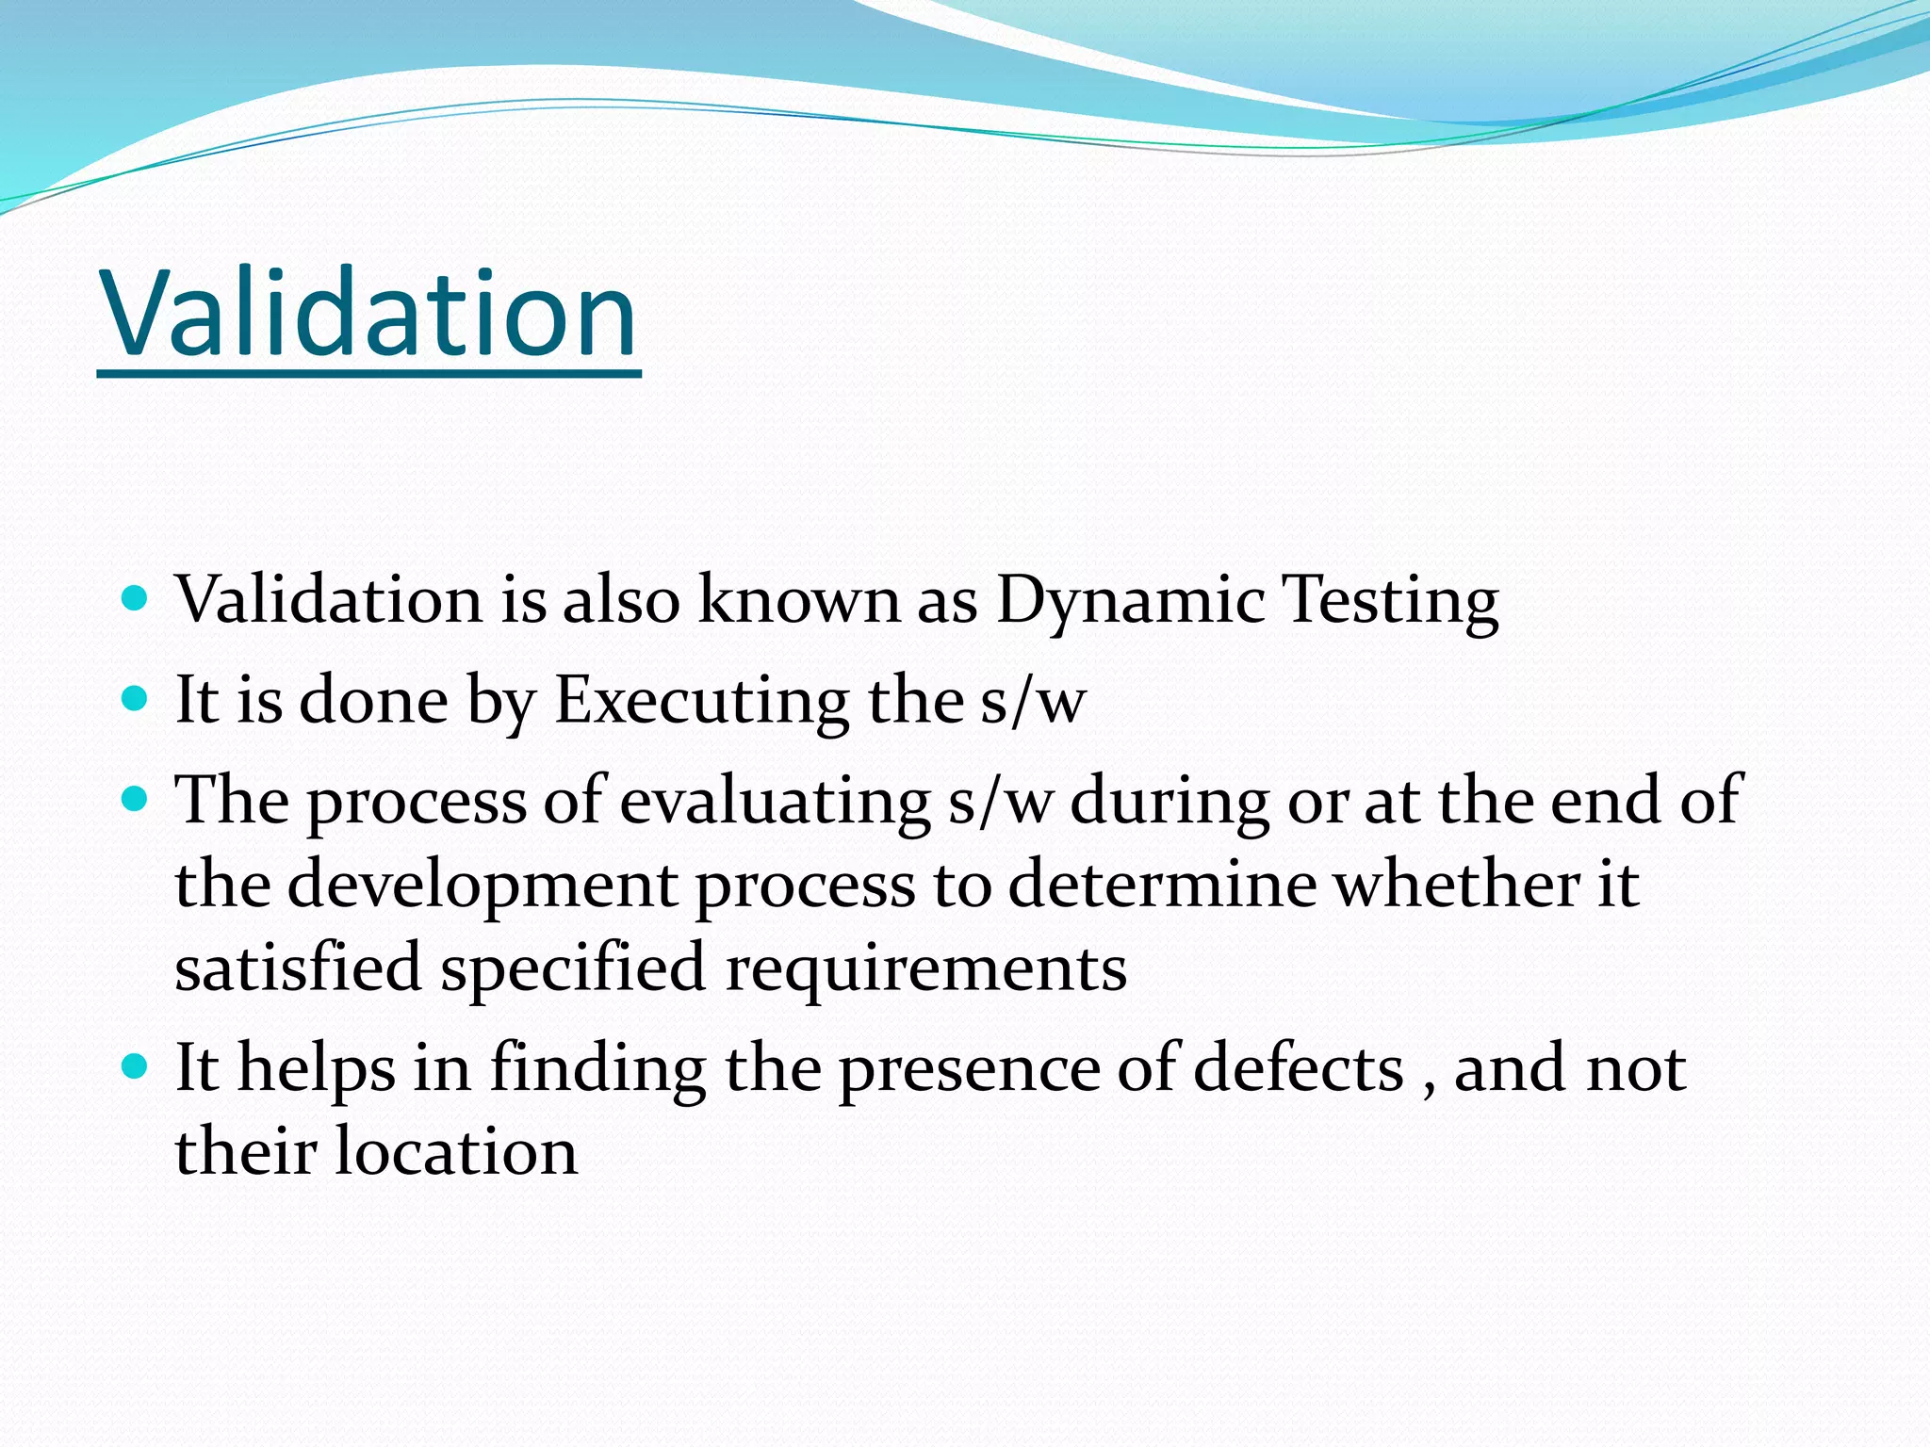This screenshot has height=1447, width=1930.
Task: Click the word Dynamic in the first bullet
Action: point(1130,600)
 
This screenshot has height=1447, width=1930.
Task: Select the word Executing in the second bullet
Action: point(701,701)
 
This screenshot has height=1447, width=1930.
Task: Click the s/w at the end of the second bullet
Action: point(1033,702)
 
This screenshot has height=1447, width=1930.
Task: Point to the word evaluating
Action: point(775,801)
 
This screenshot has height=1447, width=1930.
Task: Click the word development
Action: point(482,885)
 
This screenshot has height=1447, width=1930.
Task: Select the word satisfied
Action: point(298,967)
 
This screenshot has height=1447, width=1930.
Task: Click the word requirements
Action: point(925,969)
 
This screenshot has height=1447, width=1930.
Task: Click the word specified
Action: point(572,969)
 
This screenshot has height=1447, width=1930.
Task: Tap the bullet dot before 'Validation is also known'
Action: point(136,598)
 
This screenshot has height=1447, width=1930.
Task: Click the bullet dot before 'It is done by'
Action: point(136,699)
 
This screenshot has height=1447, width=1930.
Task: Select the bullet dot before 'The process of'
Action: point(136,800)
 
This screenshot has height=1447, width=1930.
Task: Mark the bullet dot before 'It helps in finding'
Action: point(136,1067)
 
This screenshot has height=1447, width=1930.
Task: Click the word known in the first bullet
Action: point(799,600)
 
